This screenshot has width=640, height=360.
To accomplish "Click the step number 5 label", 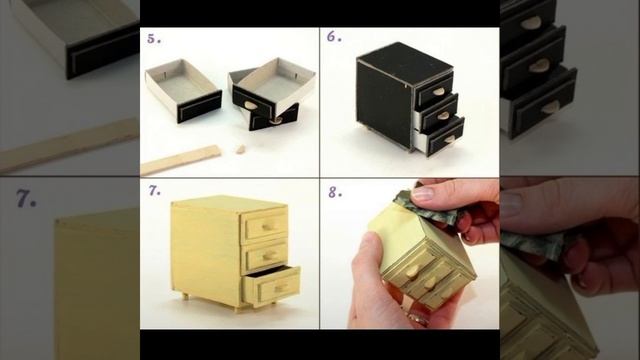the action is (x=154, y=39).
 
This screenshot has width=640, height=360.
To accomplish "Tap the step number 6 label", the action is (x=334, y=37).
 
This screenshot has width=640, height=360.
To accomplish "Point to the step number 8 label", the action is (x=335, y=192).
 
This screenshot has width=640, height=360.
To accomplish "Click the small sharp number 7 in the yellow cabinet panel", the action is (x=154, y=191).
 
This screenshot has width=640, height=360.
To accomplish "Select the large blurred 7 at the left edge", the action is (x=26, y=199).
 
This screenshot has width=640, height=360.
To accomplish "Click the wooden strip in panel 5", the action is (x=180, y=160).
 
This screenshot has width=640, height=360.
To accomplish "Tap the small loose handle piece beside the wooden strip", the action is (x=240, y=149).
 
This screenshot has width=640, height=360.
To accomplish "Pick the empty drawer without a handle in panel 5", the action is (x=183, y=90).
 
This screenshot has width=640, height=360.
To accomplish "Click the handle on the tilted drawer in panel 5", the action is (x=248, y=105).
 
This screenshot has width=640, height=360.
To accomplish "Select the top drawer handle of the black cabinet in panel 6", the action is (x=438, y=91).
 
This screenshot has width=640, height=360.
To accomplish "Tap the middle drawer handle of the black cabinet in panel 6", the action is (x=444, y=116).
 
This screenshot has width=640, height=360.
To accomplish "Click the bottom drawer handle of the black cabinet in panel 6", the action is (x=449, y=140).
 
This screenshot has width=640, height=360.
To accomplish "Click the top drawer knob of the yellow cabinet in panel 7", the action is (x=267, y=227).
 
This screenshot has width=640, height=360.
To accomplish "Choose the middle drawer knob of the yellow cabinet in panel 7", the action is (x=269, y=256).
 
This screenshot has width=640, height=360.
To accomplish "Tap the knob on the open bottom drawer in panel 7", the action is (x=280, y=289).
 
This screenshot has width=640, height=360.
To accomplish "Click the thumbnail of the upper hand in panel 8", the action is (x=423, y=193).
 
